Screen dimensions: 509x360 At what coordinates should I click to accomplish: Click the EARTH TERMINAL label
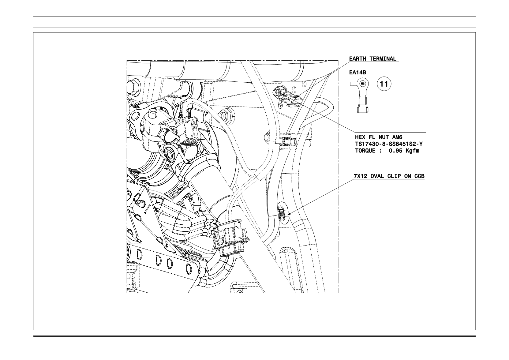click(x=373, y=59)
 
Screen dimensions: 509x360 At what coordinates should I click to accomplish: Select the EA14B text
click(x=357, y=73)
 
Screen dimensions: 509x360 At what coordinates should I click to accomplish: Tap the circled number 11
click(x=384, y=84)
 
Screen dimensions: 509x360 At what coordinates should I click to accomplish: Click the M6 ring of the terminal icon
click(x=363, y=84)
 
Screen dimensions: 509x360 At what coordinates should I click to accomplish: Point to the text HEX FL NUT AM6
click(x=379, y=137)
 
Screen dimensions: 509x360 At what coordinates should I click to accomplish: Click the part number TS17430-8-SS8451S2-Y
click(x=389, y=144)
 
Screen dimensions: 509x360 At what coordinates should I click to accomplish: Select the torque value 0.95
click(x=396, y=151)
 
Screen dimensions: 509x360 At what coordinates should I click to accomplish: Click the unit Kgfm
click(x=413, y=151)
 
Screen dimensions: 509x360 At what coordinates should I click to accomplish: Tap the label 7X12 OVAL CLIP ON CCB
click(x=389, y=176)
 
